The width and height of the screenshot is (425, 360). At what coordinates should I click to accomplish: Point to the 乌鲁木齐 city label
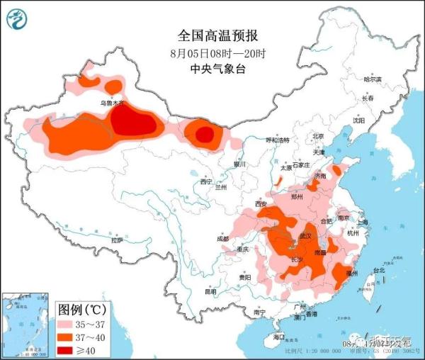[x=111, y=103]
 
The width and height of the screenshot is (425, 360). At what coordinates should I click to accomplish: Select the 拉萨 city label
[x=117, y=241]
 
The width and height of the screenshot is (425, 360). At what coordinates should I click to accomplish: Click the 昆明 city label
[x=211, y=291]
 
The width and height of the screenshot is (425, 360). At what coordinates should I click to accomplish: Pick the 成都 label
[x=224, y=239]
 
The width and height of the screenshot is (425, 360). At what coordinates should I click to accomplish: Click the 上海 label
[x=363, y=222]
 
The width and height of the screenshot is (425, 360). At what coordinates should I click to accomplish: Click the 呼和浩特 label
[x=278, y=140]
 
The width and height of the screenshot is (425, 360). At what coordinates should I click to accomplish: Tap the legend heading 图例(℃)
[x=81, y=310]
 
